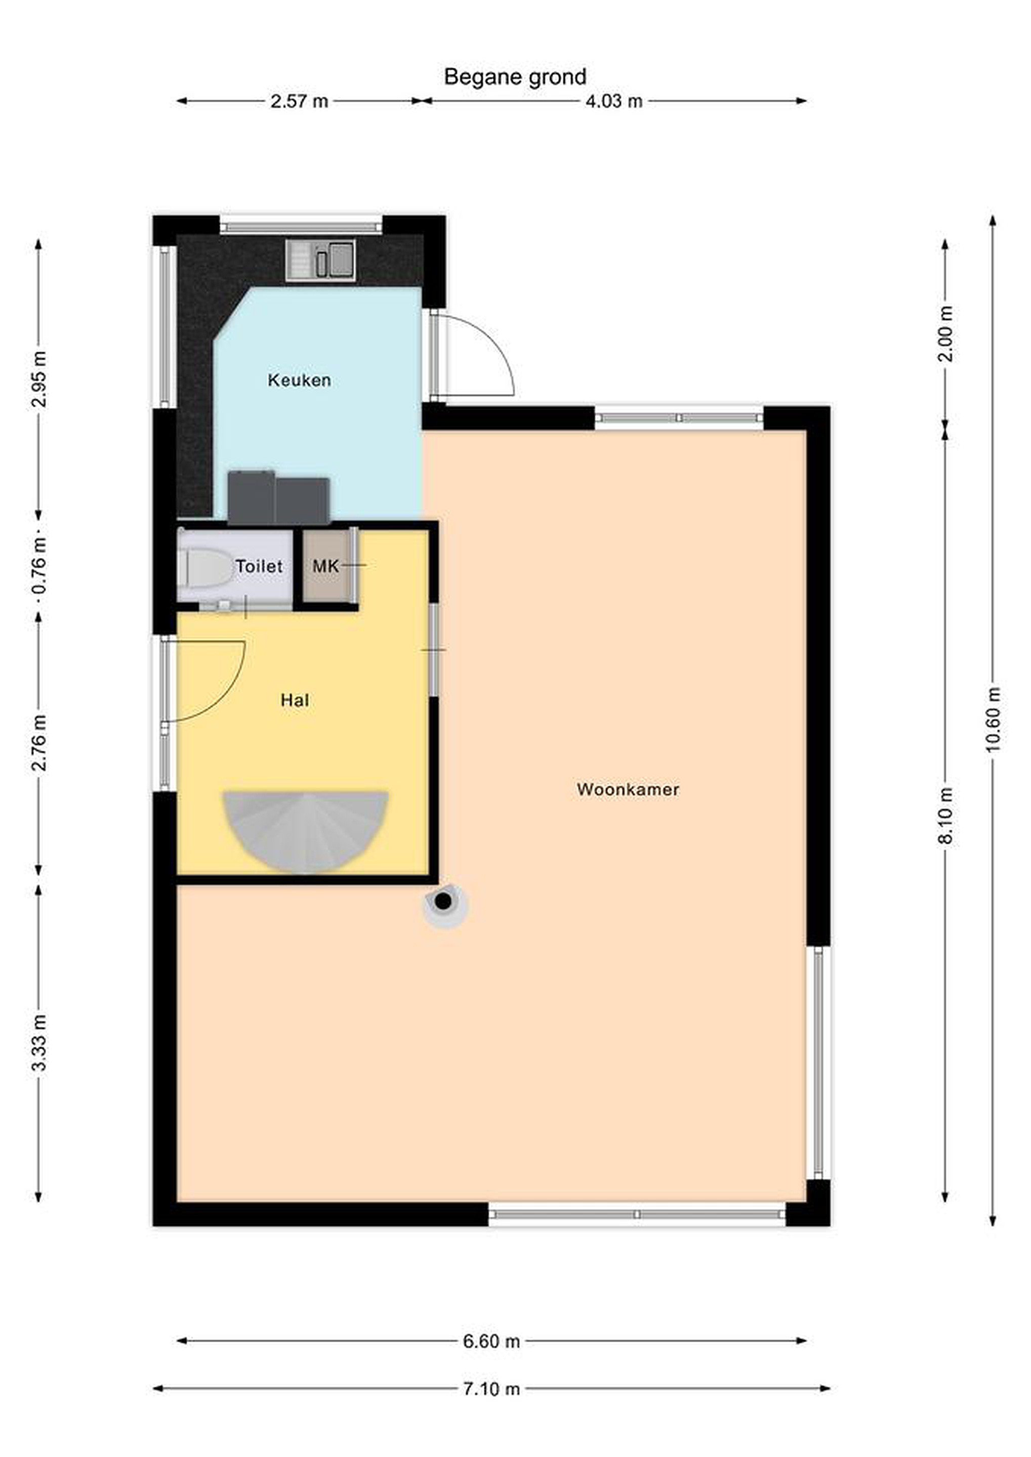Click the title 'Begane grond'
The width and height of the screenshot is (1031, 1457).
click(515, 77)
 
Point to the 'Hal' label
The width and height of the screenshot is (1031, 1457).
click(295, 700)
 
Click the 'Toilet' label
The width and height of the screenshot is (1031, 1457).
click(259, 566)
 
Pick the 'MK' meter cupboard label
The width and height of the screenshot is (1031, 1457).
click(325, 566)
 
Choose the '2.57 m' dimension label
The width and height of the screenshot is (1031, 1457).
click(299, 102)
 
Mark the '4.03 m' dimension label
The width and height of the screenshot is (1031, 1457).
click(613, 102)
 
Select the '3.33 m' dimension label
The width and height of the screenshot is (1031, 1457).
click(39, 1043)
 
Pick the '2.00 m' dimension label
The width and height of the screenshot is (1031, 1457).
click(945, 334)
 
